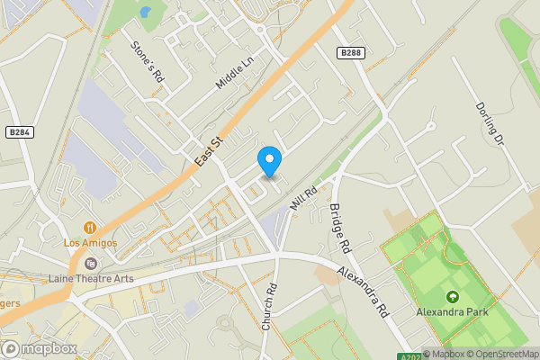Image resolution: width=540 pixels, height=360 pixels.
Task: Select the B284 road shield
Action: click(x=20, y=132)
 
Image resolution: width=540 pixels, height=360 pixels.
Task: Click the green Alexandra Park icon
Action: click(x=452, y=297)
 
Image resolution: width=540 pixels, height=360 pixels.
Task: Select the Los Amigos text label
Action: click(x=90, y=243)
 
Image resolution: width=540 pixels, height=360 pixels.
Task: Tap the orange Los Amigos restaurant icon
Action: click(x=90, y=228)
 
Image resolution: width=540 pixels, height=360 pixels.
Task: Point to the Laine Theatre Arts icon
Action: click(x=90, y=264)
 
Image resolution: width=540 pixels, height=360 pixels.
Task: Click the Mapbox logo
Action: click(x=39, y=348)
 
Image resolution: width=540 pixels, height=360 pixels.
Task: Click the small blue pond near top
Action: click(x=145, y=13)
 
